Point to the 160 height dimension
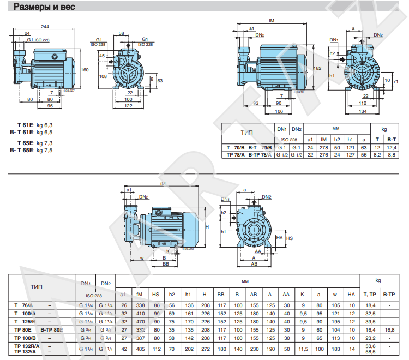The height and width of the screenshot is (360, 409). [85, 70]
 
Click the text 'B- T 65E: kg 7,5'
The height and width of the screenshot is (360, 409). [31, 151]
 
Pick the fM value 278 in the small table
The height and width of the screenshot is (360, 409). [323, 148]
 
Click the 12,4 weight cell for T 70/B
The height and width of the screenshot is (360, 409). [390, 148]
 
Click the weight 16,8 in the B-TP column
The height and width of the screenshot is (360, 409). [389, 330]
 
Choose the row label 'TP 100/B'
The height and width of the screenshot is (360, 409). [25, 338]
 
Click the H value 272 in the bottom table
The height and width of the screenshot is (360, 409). [204, 347]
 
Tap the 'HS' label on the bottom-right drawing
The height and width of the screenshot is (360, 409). [290, 238]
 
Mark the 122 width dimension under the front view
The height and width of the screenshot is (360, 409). [128, 106]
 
